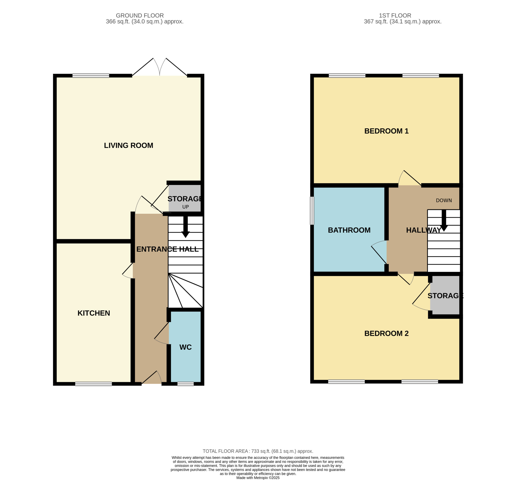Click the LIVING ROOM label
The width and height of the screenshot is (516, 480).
[128, 145]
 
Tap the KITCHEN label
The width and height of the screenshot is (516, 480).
[94, 313]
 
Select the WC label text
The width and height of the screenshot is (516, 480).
[185, 347]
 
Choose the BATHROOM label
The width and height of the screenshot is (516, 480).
[349, 230]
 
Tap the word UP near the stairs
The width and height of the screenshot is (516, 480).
[185, 207]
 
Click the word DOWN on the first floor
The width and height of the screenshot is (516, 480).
[444, 200]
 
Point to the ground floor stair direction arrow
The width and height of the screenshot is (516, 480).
[185, 227]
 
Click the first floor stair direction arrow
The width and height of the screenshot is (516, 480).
[444, 220]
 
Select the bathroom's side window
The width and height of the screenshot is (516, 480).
[312, 210]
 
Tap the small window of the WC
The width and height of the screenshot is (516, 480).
[185, 384]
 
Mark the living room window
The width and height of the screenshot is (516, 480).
[91, 76]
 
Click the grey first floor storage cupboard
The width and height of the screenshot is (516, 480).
[445, 295]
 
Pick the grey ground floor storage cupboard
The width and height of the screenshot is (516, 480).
[185, 198]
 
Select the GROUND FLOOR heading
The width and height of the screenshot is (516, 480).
[140, 16]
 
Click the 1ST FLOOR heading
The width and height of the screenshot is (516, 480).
[395, 16]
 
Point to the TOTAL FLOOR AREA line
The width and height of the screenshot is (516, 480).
[258, 451]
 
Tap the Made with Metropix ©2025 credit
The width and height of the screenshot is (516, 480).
[258, 478]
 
